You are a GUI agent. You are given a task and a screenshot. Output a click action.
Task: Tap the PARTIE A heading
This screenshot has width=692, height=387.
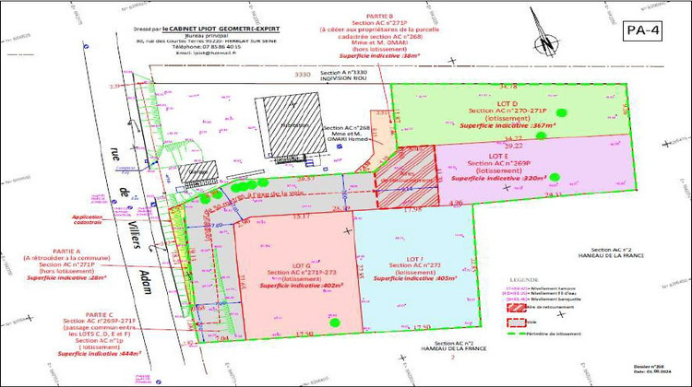(x=52, y=251)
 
